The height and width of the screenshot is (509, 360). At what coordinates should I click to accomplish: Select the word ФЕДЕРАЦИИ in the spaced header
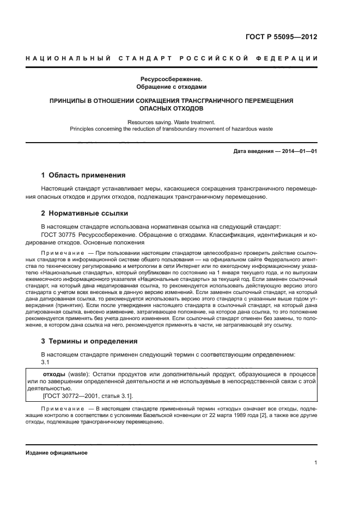tap(291, 58)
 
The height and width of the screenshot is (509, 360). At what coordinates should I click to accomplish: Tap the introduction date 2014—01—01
tap(299, 151)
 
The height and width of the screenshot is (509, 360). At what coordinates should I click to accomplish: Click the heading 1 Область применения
tap(83, 175)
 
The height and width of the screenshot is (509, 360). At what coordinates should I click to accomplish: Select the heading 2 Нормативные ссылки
tap(85, 213)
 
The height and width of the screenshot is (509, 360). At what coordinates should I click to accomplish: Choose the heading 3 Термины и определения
tap(89, 341)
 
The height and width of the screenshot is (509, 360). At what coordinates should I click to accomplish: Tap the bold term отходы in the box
tap(53, 375)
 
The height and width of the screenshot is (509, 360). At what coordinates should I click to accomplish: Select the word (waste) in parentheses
tap(77, 375)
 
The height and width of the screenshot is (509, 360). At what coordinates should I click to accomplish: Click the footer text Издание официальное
tap(57, 452)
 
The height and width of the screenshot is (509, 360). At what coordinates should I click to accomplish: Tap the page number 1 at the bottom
tap(315, 463)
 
